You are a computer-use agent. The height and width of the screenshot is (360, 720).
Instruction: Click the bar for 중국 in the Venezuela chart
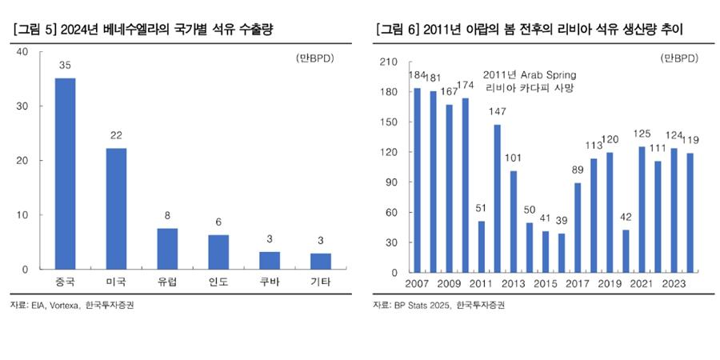[x=65, y=174]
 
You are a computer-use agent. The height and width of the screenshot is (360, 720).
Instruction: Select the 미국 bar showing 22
[x=116, y=209]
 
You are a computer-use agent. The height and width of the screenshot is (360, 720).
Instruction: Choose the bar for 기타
[x=321, y=262]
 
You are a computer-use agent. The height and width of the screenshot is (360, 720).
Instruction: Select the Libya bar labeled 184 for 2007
[x=417, y=180]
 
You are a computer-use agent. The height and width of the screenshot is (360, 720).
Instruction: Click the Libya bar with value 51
[x=482, y=246]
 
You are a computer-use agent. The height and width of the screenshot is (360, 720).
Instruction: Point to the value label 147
[x=497, y=112]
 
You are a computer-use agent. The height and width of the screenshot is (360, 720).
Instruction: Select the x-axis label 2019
[x=610, y=285]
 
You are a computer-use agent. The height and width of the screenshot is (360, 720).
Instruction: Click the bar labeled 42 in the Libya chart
[x=626, y=251]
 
